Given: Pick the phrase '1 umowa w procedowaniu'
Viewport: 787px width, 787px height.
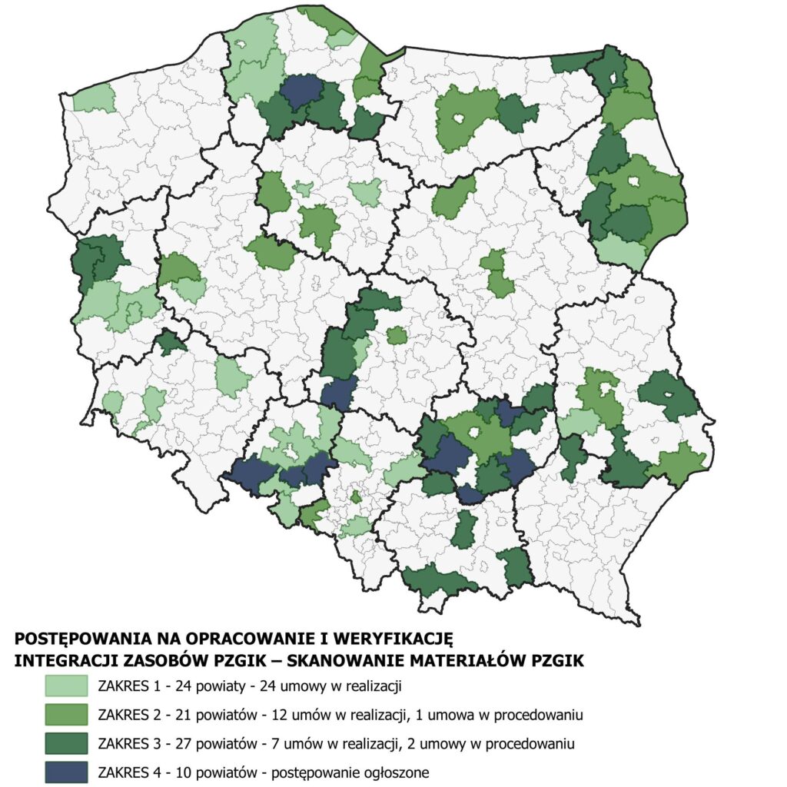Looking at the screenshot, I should tap(505, 714).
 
